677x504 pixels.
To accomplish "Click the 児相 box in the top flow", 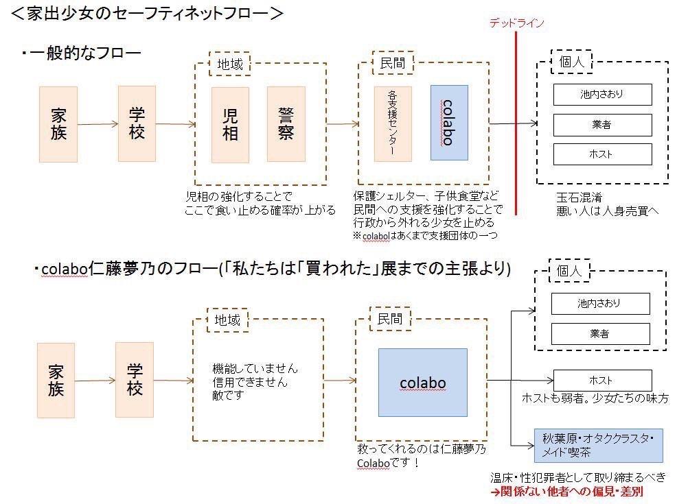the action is coord(230,125).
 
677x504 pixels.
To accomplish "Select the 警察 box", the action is coord(286,124).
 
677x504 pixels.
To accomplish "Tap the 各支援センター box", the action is coord(393,124).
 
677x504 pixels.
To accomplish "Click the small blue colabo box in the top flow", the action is coord(449,123).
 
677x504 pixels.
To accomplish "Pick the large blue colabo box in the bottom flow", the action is coord(423,383).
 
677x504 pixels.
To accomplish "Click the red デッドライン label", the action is coord(516,23).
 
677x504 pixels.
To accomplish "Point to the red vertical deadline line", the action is coord(516,123).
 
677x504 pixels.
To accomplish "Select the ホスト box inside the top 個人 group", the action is coord(602,154).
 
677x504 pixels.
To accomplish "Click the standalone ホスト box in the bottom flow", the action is coord(602,381).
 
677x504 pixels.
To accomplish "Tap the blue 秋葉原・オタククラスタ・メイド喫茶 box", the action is coord(599,445).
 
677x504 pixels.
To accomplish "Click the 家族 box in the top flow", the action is coord(58,125).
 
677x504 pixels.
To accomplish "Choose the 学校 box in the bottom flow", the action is coord(135,380).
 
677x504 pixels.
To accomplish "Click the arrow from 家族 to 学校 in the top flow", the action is coord(97,124).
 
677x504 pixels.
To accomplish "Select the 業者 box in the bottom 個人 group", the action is coord(600,334).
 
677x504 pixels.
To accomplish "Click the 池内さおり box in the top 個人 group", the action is coord(602,95).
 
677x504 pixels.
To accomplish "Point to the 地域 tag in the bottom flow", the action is coord(227,320).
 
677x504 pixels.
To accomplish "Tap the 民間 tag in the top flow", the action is coord(393,63).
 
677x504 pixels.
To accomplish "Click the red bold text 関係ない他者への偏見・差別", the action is coord(566,491).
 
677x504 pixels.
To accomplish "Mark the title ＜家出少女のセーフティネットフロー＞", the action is coord(147,13).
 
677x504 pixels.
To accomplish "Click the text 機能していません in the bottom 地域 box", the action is coord(255,369).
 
